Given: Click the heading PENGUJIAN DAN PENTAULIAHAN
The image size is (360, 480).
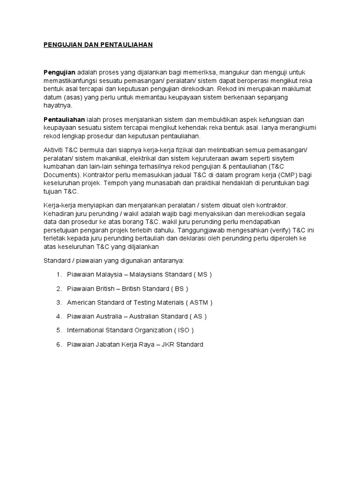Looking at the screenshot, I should tap(98, 45).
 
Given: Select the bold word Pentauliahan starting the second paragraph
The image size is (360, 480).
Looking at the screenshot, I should tap(64, 120).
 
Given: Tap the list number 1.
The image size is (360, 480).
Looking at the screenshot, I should tap(59, 274).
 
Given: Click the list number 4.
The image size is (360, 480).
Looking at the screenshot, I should tap(59, 316).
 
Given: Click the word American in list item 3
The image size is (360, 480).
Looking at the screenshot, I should tap(81, 302).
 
